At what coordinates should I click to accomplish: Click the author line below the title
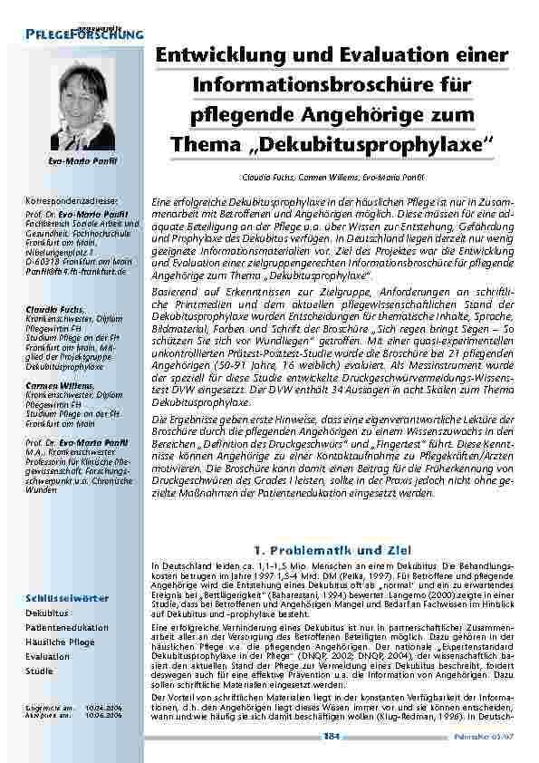pyautogui.click(x=332, y=178)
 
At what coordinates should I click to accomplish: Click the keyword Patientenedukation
pyautogui.click(x=67, y=627)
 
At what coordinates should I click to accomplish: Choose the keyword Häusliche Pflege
pyautogui.click(x=60, y=642)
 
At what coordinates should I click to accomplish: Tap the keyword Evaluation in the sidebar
pyautogui.click(x=47, y=656)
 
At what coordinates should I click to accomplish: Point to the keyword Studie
pyautogui.click(x=39, y=671)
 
